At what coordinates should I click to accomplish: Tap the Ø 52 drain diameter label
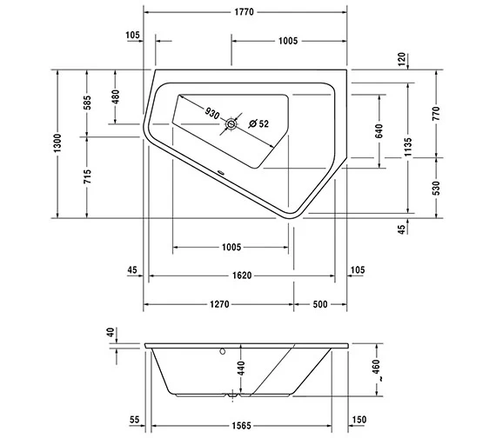[258, 124]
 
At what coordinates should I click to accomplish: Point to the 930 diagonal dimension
[211, 113]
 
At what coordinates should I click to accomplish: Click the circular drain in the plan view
[231, 125]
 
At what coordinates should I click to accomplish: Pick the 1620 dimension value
[242, 276]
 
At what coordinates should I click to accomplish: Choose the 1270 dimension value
[218, 304]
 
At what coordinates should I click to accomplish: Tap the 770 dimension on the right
[437, 113]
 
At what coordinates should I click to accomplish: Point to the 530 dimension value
[437, 187]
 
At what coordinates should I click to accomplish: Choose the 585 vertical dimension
[87, 103]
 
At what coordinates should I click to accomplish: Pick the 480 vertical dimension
[116, 96]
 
